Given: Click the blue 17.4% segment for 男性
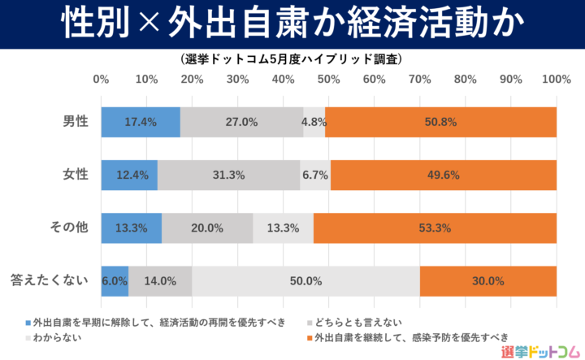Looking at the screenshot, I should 141,122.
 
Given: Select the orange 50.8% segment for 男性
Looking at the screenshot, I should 441,122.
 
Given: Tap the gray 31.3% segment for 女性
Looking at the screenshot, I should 228,175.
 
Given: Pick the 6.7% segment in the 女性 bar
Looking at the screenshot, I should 315,175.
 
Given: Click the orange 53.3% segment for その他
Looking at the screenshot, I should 435,228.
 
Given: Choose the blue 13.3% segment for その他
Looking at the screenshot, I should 132,228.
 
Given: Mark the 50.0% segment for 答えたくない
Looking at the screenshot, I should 305,281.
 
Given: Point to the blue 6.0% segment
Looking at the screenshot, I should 115,281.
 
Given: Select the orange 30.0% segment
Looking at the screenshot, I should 488,281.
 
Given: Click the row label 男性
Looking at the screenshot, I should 76,122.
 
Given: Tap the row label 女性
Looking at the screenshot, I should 76,175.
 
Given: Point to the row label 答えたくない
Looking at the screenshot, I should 49,281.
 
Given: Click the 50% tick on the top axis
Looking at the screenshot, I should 328,80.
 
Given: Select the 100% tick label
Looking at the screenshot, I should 557,80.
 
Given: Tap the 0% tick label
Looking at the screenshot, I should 102,80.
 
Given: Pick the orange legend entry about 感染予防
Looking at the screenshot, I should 410,336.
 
